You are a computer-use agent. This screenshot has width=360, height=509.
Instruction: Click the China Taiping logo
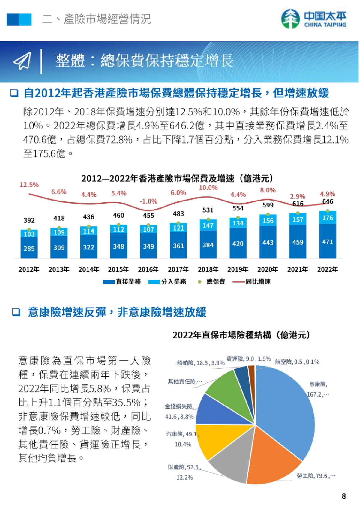(314, 19)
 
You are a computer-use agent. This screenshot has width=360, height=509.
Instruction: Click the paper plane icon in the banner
(22, 61)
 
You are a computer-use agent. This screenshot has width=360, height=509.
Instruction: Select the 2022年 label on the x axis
(327, 269)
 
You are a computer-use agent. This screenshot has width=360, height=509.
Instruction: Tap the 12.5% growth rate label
(29, 185)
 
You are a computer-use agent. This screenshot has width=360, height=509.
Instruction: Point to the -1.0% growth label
(148, 201)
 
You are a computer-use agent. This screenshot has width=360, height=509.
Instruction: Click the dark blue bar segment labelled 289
(29, 248)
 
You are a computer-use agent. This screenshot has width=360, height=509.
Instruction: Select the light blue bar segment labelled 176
(328, 218)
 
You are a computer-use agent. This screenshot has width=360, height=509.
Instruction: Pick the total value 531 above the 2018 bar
(208, 210)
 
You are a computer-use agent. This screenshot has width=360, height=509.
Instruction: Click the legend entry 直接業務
(122, 282)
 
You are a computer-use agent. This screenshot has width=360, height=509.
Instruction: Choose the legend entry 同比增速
(252, 282)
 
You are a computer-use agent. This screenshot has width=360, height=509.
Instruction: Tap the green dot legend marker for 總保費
(200, 282)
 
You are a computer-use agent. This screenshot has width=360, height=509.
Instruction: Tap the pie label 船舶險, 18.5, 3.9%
(200, 363)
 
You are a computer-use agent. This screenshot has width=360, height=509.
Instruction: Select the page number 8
(344, 496)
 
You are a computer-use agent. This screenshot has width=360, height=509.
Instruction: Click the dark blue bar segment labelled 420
(238, 243)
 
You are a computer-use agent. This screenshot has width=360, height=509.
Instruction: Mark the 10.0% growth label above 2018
(208, 188)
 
